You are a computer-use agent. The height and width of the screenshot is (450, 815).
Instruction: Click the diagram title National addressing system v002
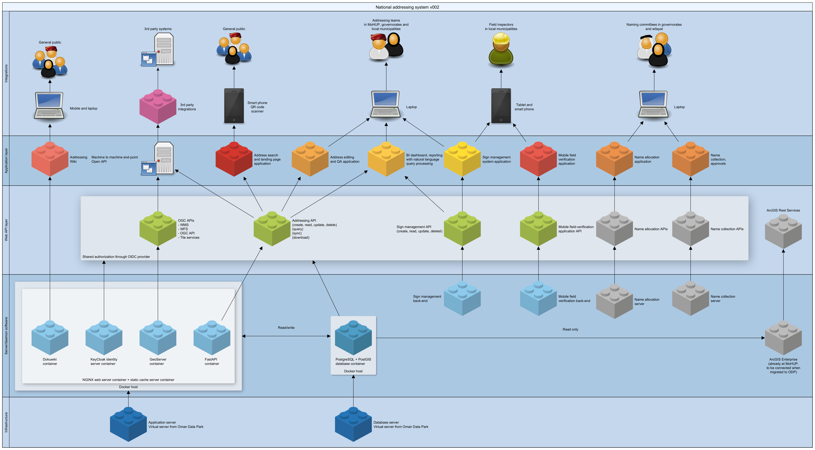point(407,7)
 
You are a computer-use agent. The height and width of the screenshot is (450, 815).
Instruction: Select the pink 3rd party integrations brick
point(158,107)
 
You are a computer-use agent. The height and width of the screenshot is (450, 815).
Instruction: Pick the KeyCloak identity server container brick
point(104,337)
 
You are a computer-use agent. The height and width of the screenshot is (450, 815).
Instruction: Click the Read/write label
point(286,328)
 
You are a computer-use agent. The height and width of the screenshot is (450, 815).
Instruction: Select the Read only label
point(570,329)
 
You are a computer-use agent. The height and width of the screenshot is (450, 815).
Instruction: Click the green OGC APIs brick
point(158,229)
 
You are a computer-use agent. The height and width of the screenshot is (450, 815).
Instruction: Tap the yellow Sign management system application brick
point(462,159)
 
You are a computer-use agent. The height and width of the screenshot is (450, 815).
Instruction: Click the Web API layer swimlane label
point(6,230)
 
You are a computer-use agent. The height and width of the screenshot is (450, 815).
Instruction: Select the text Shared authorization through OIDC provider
point(116,257)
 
